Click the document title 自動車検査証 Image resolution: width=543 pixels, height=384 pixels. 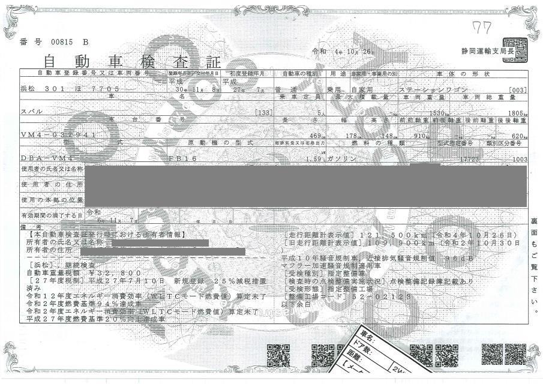[132, 61]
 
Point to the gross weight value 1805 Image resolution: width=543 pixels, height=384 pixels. [515, 112]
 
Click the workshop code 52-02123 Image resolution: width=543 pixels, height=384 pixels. [374, 296]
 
